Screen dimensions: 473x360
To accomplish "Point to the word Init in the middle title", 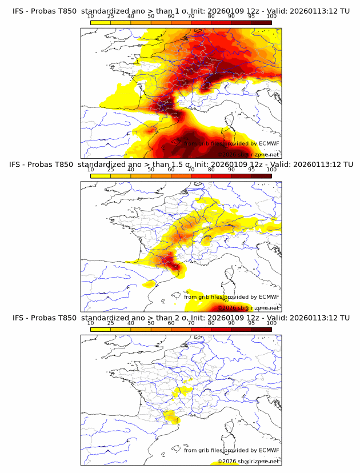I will click(x=203, y=165).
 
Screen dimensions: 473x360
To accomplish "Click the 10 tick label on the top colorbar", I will click(x=91, y=16).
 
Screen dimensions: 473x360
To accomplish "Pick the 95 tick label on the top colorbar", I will click(x=251, y=16).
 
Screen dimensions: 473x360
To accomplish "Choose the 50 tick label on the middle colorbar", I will click(x=151, y=169).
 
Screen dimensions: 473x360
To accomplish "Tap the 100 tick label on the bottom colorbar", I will click(x=271, y=322).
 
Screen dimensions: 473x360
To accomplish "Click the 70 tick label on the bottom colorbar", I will click(x=191, y=322).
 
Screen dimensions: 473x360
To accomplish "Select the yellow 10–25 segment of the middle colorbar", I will click(x=101, y=175).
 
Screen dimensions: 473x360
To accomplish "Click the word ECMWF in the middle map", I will click(x=269, y=296).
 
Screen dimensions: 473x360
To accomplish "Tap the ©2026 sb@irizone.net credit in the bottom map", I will click(x=249, y=461).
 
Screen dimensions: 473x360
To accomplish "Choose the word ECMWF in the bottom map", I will click(x=269, y=450).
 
